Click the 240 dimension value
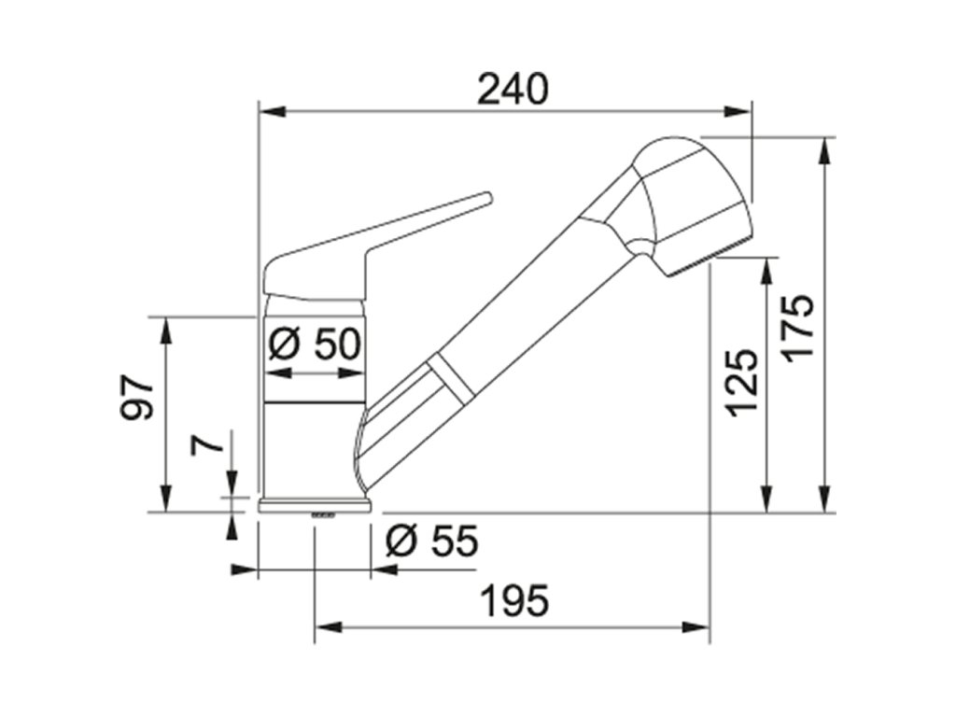coord(513,89)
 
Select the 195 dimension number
coord(514,600)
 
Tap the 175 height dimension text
coord(799,328)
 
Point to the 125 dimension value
coord(742,383)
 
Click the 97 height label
coord(136,399)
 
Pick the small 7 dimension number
coord(206,444)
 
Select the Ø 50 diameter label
coord(315,344)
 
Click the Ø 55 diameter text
coord(432,541)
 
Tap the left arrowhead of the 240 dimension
coord(273,112)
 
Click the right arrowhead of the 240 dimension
coord(737,112)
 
